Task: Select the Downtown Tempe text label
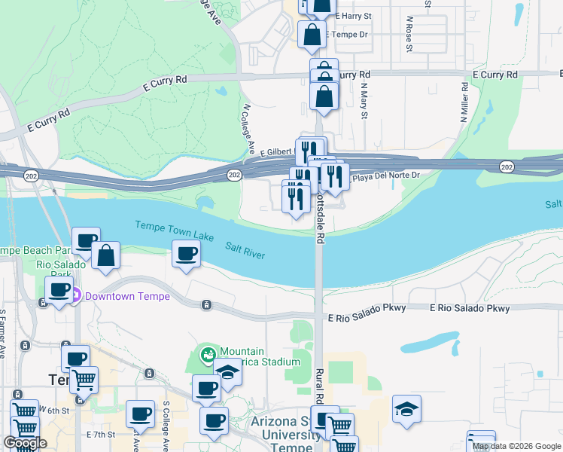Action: (127, 296)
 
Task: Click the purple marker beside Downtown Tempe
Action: (75, 296)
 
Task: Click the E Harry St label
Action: (355, 15)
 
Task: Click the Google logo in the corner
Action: (25, 443)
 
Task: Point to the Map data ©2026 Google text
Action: (516, 446)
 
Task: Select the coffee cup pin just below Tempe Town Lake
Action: (186, 254)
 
